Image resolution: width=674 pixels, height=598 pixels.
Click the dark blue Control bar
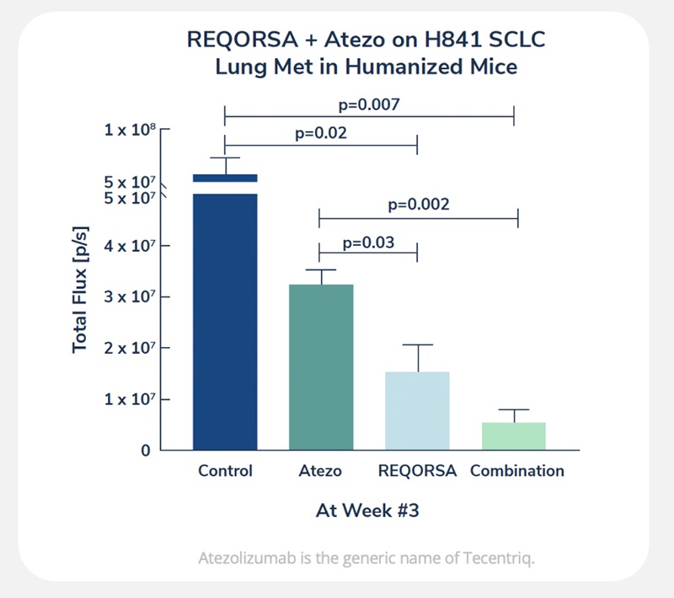225,320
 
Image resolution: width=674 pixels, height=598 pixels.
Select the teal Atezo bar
320,366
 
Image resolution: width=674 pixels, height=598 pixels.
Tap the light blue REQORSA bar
417,410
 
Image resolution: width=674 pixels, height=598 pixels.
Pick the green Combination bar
514,435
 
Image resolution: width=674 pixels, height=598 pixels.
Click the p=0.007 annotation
368,105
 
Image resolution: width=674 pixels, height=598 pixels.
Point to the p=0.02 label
321,133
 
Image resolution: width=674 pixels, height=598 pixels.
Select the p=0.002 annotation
418,205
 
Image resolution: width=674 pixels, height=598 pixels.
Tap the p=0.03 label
367,243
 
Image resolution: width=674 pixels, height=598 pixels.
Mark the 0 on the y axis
146,451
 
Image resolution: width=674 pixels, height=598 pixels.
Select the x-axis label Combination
516,471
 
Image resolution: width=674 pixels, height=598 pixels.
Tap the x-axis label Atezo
320,471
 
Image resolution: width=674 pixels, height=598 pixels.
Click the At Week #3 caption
367,510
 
